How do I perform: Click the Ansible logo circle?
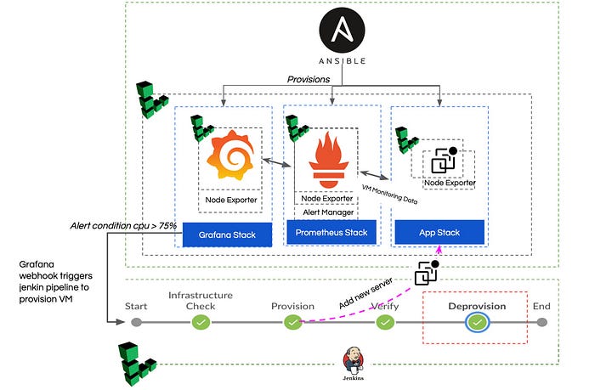pos(342,32)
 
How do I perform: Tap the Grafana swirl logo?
pos(227,155)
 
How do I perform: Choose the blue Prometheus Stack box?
pos(331,231)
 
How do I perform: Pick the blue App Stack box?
pos(439,232)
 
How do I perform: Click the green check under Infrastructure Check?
pos(201,323)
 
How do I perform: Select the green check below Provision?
pos(292,323)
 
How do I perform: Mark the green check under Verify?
pos(385,323)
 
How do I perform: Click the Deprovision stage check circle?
pos(478,323)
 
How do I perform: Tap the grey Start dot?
pos(136,323)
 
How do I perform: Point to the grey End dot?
pos(541,323)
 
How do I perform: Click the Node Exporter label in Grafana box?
pos(229,201)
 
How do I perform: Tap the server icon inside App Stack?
pos(445,161)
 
